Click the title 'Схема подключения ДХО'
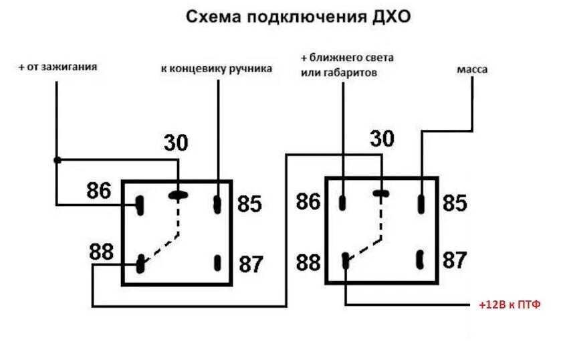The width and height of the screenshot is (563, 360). coord(298,17)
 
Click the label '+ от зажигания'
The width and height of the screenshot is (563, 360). coord(58,67)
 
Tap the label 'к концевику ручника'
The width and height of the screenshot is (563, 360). coord(216,69)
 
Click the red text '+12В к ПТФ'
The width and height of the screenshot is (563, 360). coord(509,304)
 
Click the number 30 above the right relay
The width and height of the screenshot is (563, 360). coord(382,139)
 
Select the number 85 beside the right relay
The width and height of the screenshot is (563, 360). coord(455,203)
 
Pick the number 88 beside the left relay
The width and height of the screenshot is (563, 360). coord(102,252)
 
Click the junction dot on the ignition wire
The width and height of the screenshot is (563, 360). coord(57,160)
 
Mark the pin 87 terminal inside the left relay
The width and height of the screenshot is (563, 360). coord(217,262)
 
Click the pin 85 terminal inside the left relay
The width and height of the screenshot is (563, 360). coord(217,204)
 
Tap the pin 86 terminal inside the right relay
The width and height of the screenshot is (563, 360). coord(342,202)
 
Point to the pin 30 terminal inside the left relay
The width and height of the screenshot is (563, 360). coord(179,195)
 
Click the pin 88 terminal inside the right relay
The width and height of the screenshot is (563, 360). coord(345,260)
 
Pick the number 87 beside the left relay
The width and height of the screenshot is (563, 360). coord(251,264)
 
